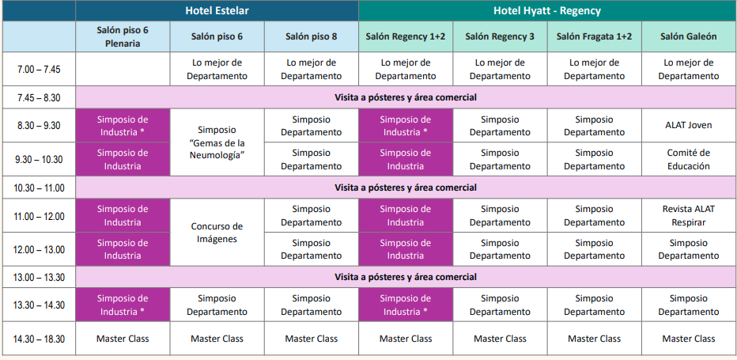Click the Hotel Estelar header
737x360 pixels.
point(217,10)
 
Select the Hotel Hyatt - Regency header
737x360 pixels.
point(546,10)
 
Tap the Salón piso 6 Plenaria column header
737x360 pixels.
point(123,36)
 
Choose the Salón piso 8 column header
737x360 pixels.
point(311,36)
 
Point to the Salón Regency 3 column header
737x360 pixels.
point(500,36)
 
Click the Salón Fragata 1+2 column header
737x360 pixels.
point(594,36)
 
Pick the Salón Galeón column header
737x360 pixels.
point(688,36)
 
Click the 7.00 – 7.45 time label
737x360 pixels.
point(39,70)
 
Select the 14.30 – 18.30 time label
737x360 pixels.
point(39,339)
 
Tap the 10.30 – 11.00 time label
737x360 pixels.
point(39,188)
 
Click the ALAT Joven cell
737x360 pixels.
point(688,125)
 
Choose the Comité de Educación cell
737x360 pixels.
point(688,159)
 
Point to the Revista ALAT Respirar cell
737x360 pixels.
point(688,215)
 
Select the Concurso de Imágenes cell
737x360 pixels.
point(217,233)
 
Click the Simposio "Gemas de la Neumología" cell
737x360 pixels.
point(217,142)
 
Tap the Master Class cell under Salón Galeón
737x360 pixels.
point(688,339)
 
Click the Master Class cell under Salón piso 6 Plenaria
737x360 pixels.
point(123,339)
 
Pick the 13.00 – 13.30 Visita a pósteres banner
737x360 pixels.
point(406,277)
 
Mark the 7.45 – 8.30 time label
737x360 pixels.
point(39,97)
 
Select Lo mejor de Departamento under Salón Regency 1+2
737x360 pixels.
point(406,70)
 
